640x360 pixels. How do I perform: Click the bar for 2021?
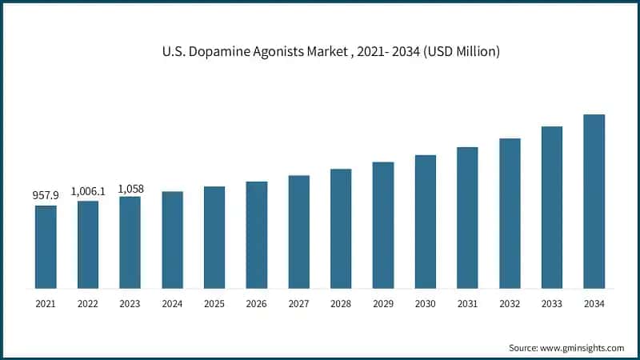coord(46,246)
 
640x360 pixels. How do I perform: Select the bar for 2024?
coord(172,239)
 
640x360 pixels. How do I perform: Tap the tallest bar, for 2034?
coord(594,201)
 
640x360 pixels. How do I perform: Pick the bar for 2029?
coord(383,225)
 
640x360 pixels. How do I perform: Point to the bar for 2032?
coord(510,213)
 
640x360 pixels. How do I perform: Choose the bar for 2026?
coord(257,234)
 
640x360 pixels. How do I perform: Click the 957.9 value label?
coord(46,194)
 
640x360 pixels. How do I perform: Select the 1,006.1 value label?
coord(88,191)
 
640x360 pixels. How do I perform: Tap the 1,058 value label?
coord(130,189)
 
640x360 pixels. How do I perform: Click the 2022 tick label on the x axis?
coord(88,304)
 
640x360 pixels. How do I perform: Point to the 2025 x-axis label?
coord(214,304)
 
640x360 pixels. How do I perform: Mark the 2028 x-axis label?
coord(341,304)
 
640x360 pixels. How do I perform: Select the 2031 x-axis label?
coord(467,304)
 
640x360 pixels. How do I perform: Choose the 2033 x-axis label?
coord(552,304)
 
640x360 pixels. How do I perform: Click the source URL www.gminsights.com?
coord(581,348)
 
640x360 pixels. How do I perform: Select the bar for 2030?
coord(426,222)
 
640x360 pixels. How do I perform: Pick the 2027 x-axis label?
coord(298,304)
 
